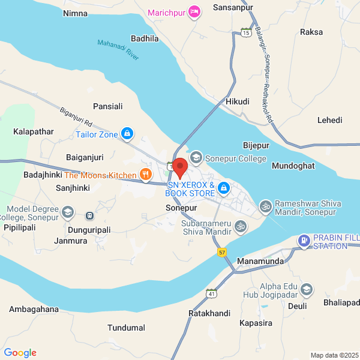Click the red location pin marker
pyautogui.click(x=180, y=166)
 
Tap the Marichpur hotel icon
pyautogui.click(x=194, y=11)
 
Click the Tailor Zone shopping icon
pyautogui.click(x=127, y=134)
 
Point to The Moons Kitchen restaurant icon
pyautogui.click(x=145, y=175)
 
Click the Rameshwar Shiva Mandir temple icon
pyautogui.click(x=265, y=207)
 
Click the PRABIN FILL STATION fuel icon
pyautogui.click(x=304, y=241)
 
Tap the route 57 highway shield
pyautogui.click(x=222, y=253)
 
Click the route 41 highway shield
pyautogui.click(x=211, y=293)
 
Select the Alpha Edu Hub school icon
pyautogui.click(x=307, y=290)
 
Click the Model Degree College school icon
pyautogui.click(x=68, y=211)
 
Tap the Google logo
pyautogui.click(x=20, y=353)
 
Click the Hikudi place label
pyautogui.click(x=237, y=101)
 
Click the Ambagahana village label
pyautogui.click(x=34, y=310)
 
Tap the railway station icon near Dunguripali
pyautogui.click(x=90, y=215)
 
